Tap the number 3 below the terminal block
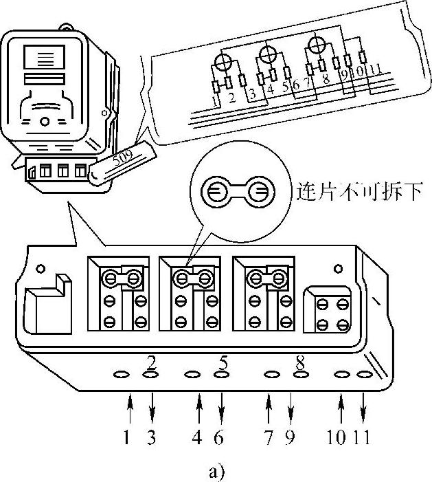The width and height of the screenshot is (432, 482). (152, 437)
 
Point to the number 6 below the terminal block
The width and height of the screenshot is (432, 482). (221, 437)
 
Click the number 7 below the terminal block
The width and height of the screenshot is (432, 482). (269, 437)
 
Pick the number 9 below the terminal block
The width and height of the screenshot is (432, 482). (291, 437)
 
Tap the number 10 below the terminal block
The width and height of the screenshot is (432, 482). (338, 437)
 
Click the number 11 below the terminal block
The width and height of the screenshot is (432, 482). (363, 437)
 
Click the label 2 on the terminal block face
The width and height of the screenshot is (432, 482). (151, 361)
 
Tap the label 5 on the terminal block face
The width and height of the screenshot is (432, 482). (224, 361)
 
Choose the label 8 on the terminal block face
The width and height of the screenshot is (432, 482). (300, 361)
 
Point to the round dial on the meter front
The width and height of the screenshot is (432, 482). (45, 121)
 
